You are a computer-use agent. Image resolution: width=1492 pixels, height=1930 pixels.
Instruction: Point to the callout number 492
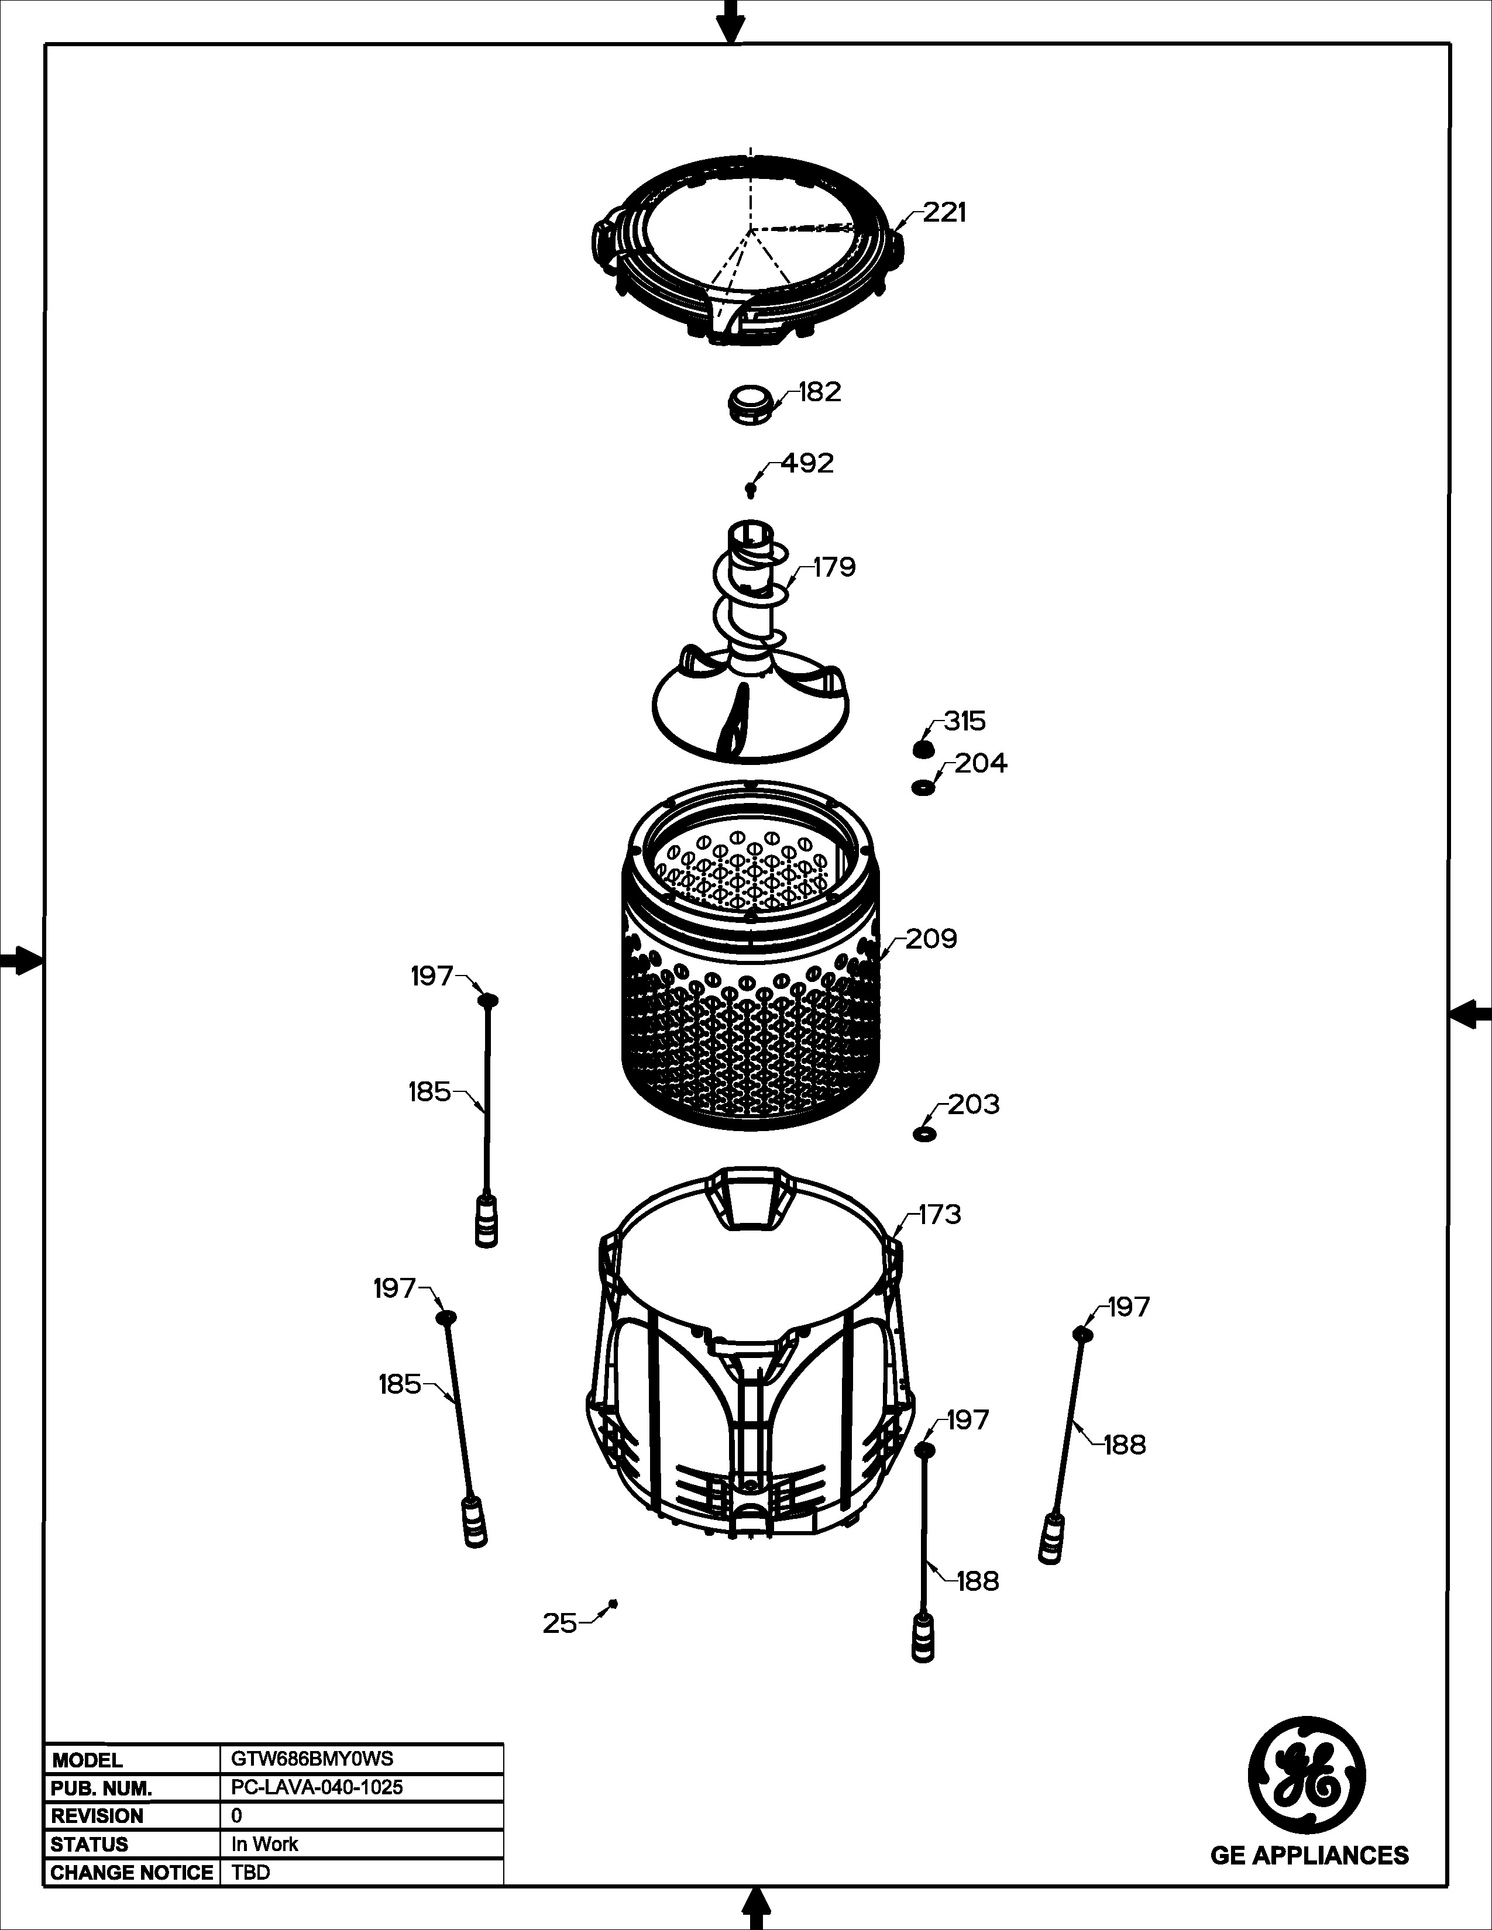tap(807, 464)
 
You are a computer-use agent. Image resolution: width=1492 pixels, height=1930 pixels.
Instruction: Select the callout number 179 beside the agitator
tap(834, 567)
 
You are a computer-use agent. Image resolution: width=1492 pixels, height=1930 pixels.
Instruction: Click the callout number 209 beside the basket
tap(931, 939)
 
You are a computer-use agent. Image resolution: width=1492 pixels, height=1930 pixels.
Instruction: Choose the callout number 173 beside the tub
tap(940, 1215)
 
